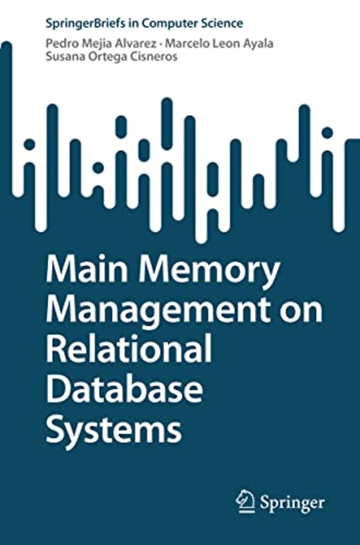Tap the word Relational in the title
coord(129,348)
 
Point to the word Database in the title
coord(124,387)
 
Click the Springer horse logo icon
coord(245,501)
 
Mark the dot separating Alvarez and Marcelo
coord(161,44)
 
